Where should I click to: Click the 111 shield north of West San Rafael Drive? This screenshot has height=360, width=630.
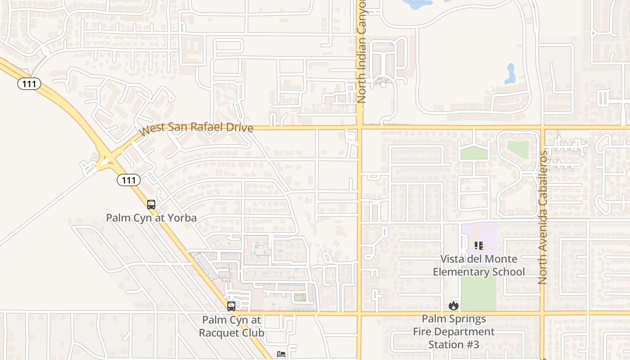(29, 84)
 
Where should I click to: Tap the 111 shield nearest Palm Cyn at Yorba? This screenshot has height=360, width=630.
(129, 180)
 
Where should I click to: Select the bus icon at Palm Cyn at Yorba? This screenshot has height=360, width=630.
(151, 205)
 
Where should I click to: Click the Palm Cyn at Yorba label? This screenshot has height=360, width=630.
(151, 218)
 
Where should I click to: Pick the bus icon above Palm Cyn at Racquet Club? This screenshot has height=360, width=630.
(231, 306)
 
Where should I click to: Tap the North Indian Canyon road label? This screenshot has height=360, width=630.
(361, 52)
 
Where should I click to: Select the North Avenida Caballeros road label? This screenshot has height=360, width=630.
(543, 217)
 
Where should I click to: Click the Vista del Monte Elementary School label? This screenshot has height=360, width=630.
(478, 265)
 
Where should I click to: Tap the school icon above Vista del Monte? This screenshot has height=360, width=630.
(478, 246)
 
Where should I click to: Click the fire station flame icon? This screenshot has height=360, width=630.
(453, 306)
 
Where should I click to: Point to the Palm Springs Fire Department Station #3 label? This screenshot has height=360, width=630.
(454, 332)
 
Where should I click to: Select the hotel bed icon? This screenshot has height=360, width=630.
(281, 354)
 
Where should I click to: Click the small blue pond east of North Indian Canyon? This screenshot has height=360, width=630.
(510, 74)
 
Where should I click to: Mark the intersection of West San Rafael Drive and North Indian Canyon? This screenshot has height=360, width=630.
(360, 127)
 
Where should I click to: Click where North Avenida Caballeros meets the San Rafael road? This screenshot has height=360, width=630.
(542, 127)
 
